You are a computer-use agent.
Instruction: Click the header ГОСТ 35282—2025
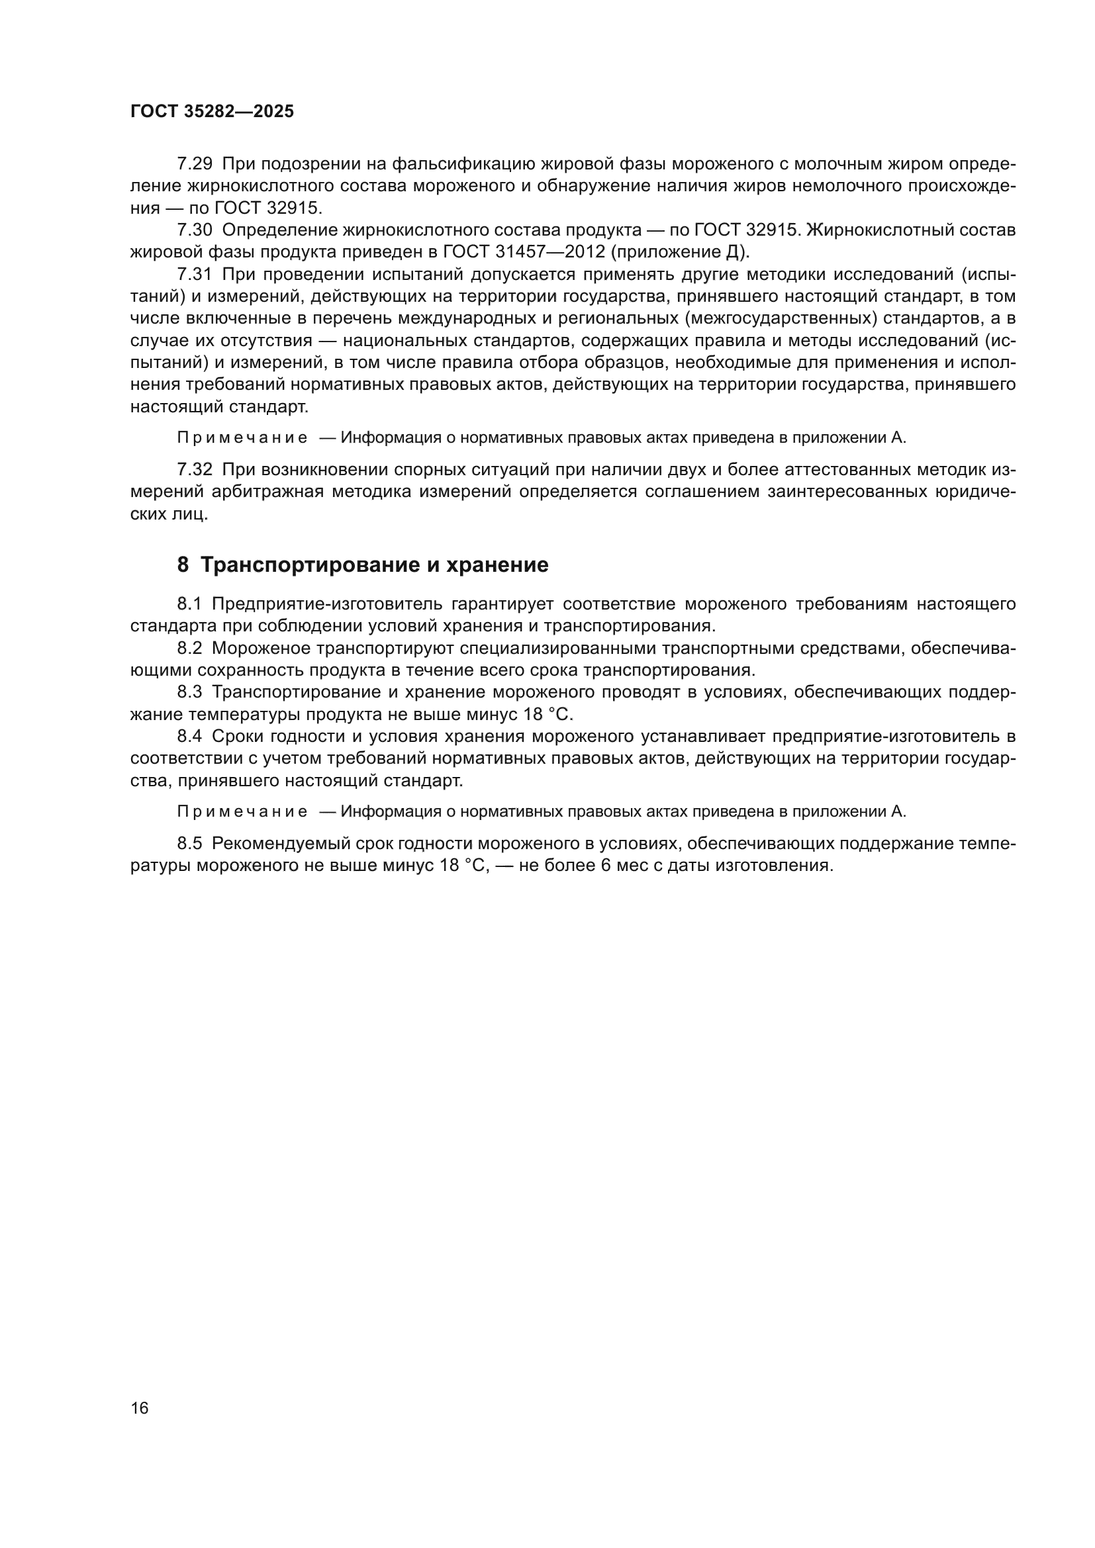click(x=212, y=112)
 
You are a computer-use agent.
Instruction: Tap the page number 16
click(x=140, y=1408)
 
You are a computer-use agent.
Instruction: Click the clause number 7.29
click(x=194, y=164)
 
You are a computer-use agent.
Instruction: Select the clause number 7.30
click(x=194, y=230)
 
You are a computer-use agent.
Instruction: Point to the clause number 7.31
click(x=194, y=275)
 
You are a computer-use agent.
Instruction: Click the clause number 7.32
click(x=194, y=469)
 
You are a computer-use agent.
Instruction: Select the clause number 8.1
click(x=189, y=604)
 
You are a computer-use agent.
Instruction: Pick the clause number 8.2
click(x=189, y=648)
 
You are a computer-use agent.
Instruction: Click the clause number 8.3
click(x=189, y=692)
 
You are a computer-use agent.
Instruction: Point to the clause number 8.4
click(x=189, y=736)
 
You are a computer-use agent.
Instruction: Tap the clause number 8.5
click(x=189, y=843)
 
